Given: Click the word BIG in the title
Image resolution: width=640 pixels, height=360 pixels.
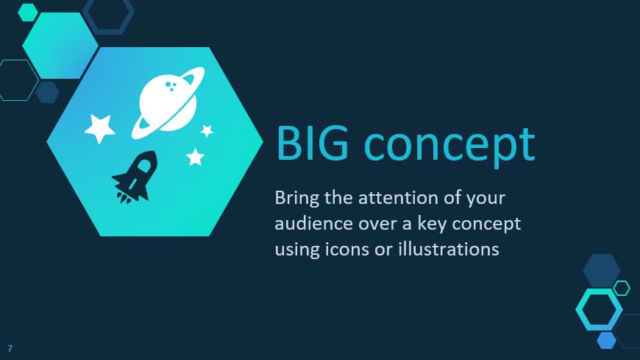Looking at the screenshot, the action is (x=312, y=144).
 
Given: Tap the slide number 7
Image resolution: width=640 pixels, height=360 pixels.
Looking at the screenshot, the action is (x=10, y=348).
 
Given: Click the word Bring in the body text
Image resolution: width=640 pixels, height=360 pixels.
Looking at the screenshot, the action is (x=296, y=199).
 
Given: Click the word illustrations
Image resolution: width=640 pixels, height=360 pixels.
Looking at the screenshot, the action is (x=449, y=249).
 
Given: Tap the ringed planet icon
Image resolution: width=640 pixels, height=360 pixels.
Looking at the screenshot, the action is (x=167, y=103).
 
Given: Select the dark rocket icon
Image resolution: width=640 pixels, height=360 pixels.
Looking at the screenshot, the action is (x=135, y=177).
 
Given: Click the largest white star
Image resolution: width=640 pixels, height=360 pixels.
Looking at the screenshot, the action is (x=99, y=128).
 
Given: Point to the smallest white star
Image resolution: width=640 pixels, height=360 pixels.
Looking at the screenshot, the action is (x=207, y=131).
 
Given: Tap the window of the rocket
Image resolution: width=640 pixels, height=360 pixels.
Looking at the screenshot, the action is (x=144, y=165).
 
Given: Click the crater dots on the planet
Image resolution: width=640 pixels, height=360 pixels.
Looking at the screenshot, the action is (x=171, y=86).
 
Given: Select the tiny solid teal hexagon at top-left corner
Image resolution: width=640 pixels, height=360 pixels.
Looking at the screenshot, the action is (x=28, y=13).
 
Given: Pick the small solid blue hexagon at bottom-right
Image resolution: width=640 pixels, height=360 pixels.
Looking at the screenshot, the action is (x=607, y=340).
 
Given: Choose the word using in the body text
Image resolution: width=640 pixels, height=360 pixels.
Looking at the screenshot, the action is (x=297, y=250).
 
